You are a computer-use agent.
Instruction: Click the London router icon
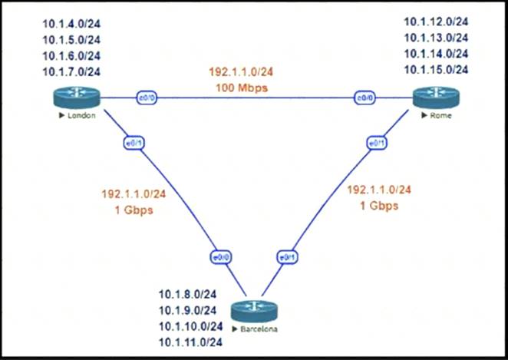77,98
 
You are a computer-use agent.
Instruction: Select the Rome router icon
435,98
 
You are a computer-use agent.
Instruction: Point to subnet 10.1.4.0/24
76,23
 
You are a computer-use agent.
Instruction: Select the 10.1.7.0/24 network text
76,72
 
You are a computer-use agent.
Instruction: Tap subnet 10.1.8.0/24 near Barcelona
191,294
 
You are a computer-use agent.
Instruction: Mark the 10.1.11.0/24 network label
191,342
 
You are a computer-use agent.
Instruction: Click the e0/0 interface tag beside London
147,98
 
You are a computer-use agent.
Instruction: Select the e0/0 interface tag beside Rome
363,98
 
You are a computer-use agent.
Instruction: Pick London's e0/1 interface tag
130,143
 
